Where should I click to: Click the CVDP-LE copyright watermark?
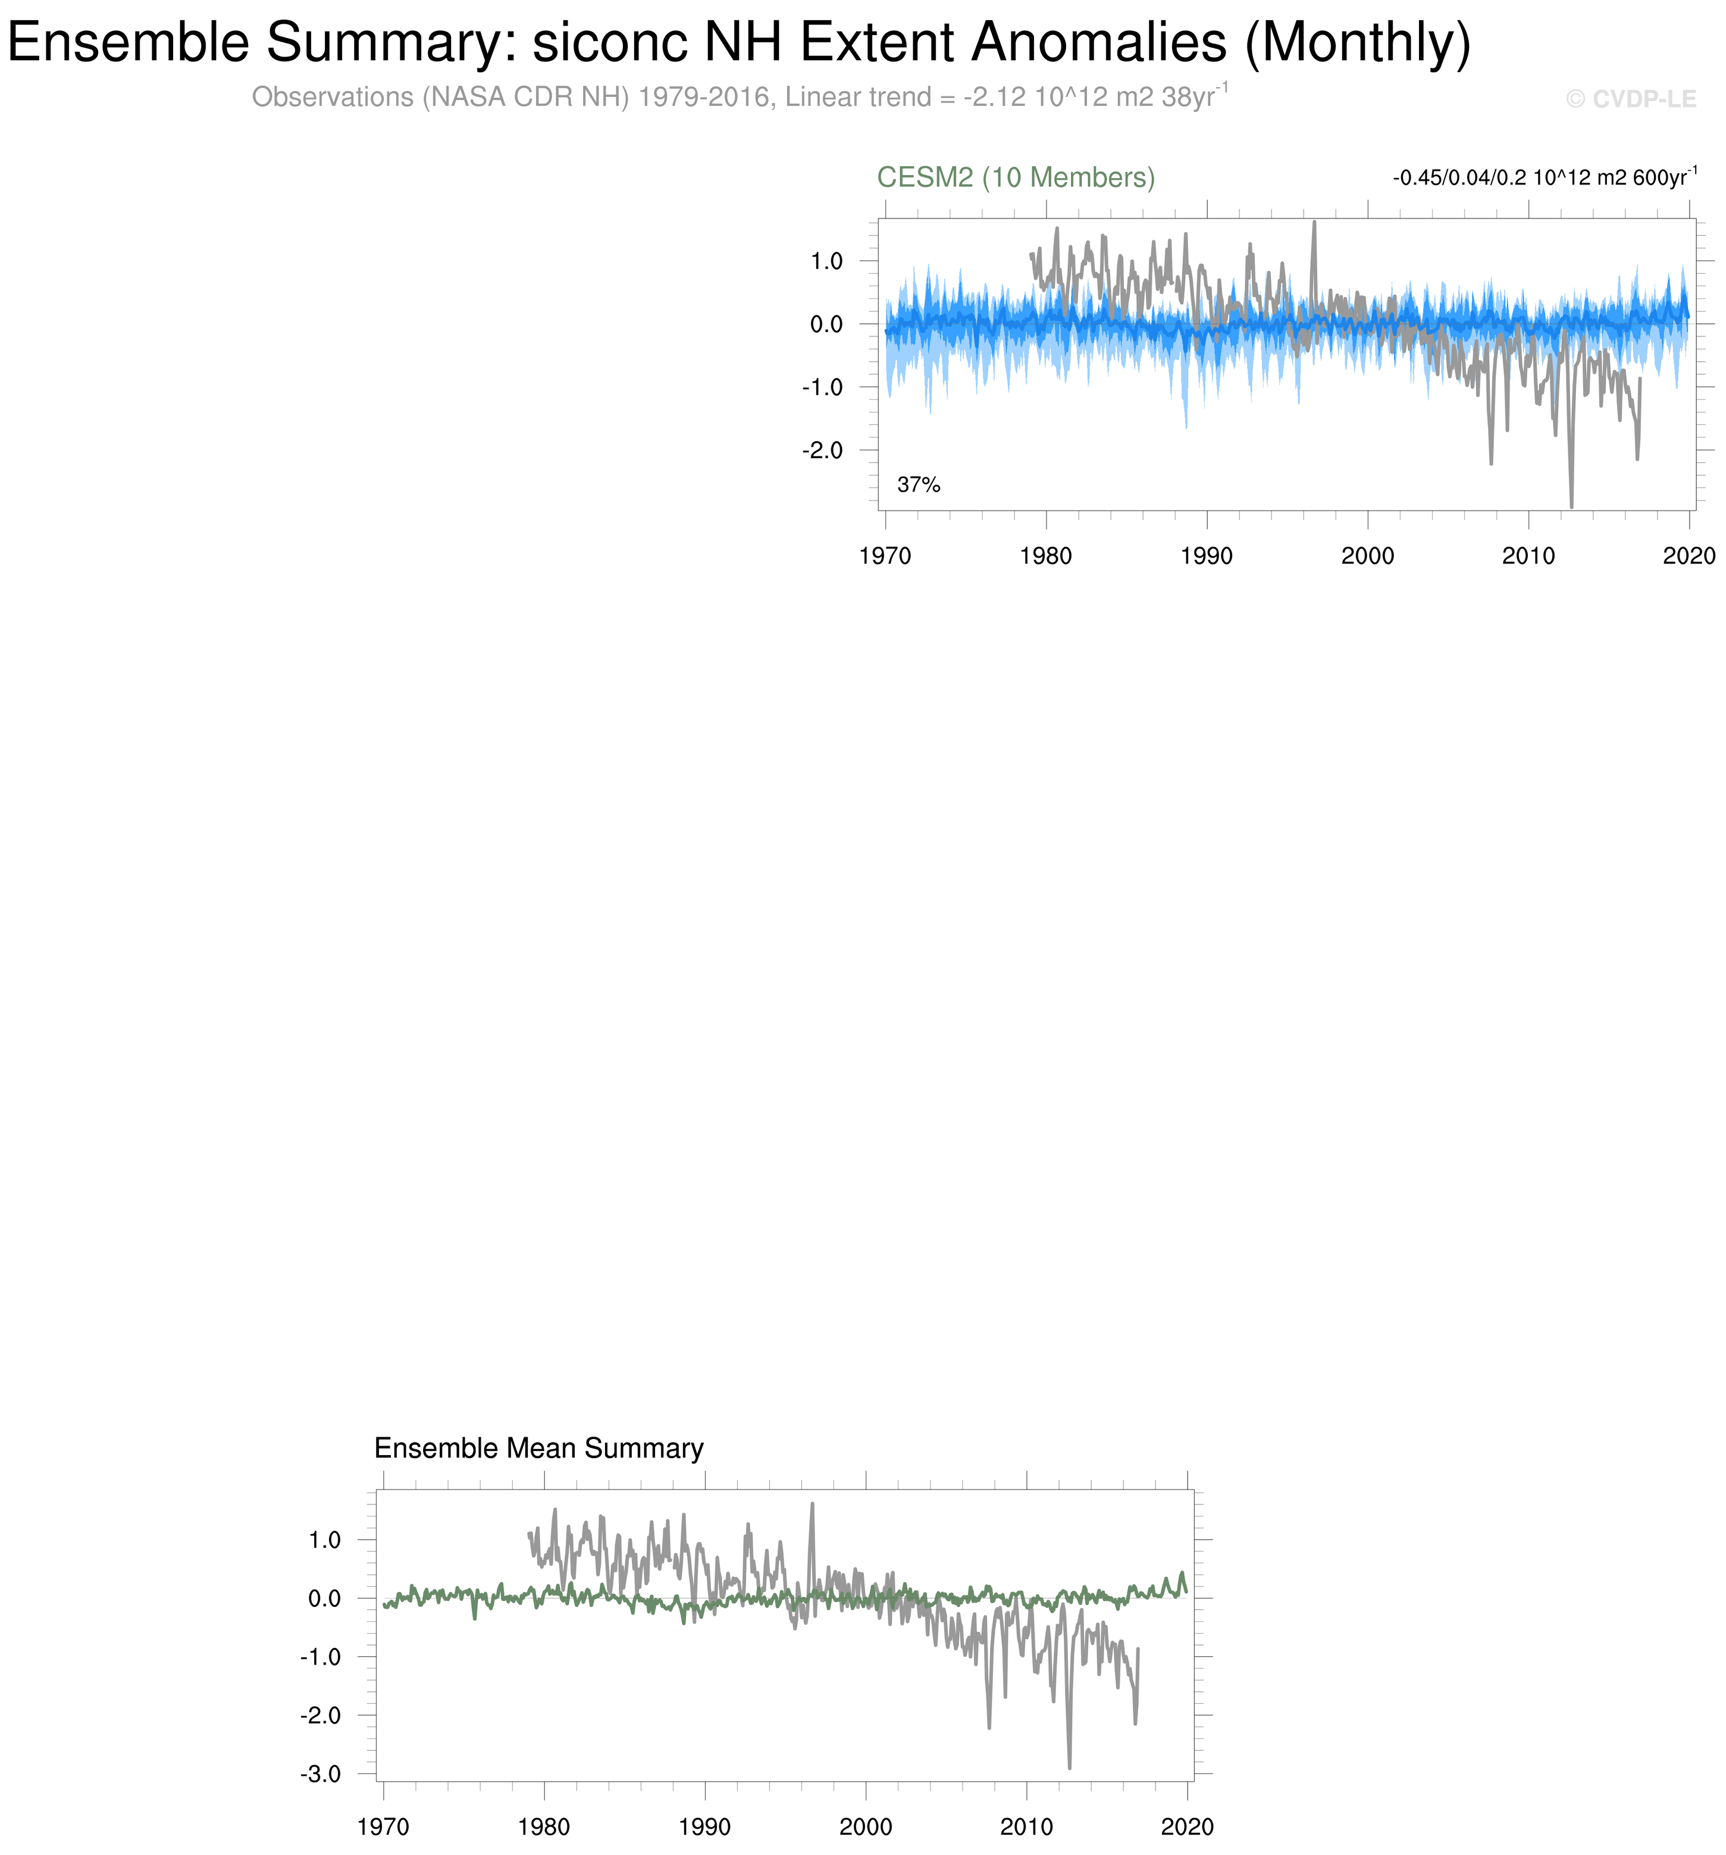1631,99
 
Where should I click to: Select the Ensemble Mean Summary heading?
538,1448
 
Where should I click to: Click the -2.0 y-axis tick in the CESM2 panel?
822,451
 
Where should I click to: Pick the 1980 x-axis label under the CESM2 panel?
1046,556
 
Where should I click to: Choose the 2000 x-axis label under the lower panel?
866,1826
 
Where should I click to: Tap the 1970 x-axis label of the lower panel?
383,1826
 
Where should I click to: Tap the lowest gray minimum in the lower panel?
1069,1766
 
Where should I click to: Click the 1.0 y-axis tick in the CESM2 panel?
826,261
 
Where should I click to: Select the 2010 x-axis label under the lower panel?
1026,1826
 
